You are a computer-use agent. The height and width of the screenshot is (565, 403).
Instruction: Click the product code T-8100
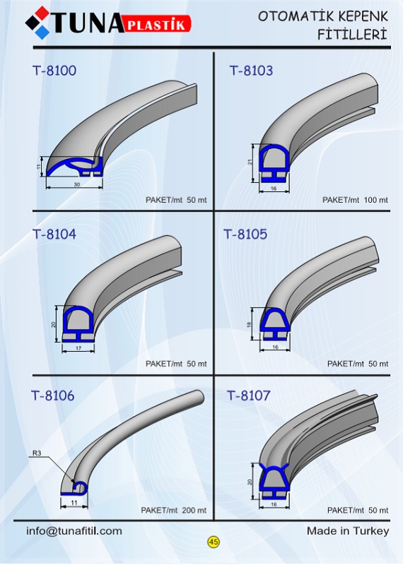54,70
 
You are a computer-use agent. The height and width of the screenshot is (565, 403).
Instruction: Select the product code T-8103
251,70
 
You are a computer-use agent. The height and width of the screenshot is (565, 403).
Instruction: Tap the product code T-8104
54,234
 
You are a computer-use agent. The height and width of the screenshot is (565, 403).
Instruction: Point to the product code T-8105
245,234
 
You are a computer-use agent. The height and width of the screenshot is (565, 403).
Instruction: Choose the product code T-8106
53,395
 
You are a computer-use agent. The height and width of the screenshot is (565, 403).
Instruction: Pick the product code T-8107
249,395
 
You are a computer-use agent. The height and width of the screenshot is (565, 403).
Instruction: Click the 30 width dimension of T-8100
77,184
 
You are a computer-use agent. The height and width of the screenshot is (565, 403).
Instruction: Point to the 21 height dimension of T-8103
250,162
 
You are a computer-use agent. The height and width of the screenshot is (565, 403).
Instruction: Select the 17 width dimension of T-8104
78,348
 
